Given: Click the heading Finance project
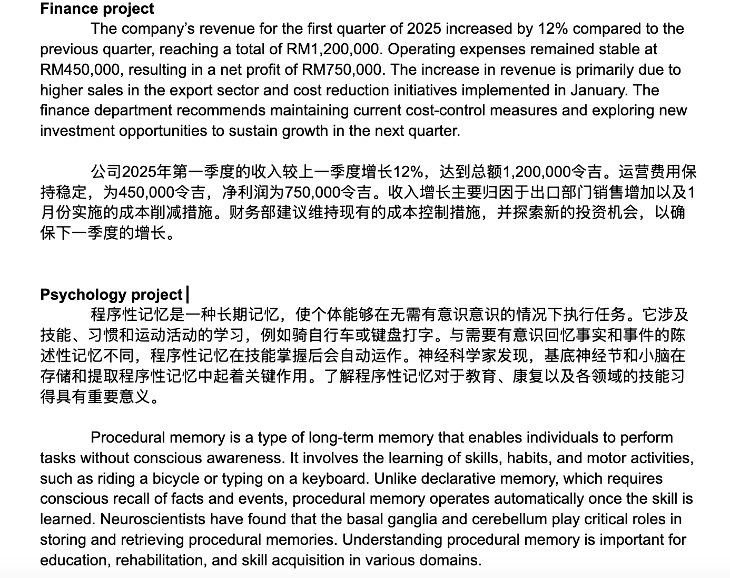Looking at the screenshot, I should (x=97, y=8).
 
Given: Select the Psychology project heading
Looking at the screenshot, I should (x=111, y=294).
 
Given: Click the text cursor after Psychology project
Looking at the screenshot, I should (x=188, y=294).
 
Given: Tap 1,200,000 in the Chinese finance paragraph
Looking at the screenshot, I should (x=537, y=171).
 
